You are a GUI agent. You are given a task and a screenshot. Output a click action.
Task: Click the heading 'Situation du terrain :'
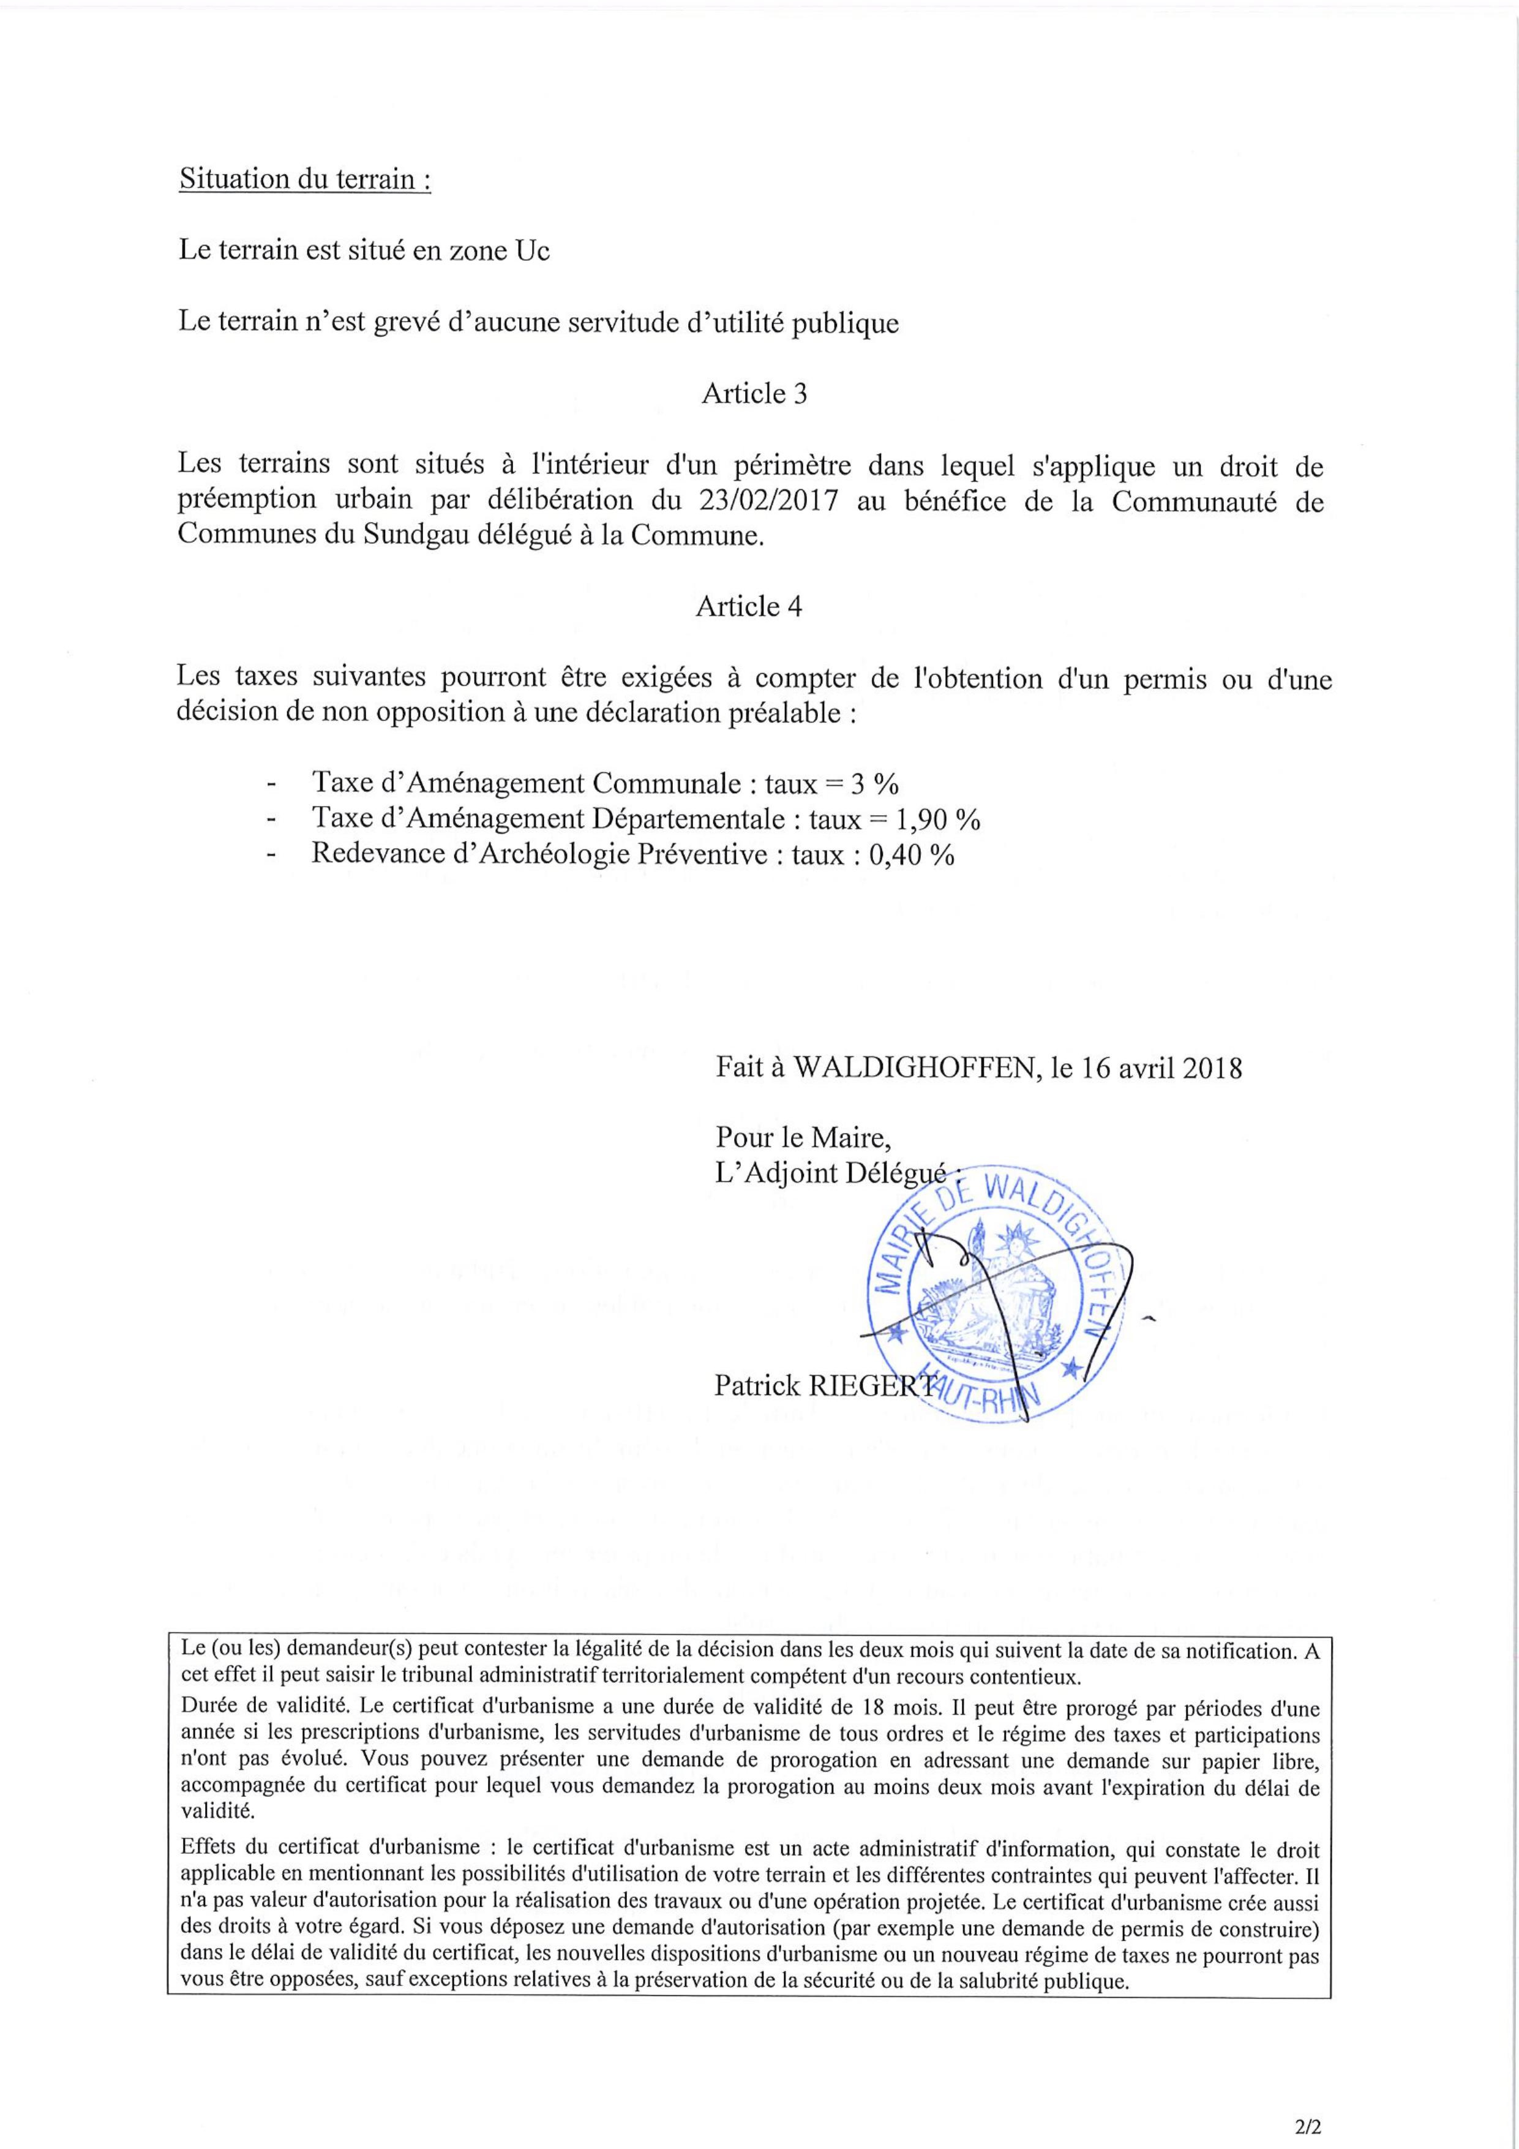point(304,179)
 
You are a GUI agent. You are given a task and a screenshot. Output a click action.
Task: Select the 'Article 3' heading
point(754,393)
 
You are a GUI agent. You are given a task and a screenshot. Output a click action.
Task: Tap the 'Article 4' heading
point(749,606)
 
